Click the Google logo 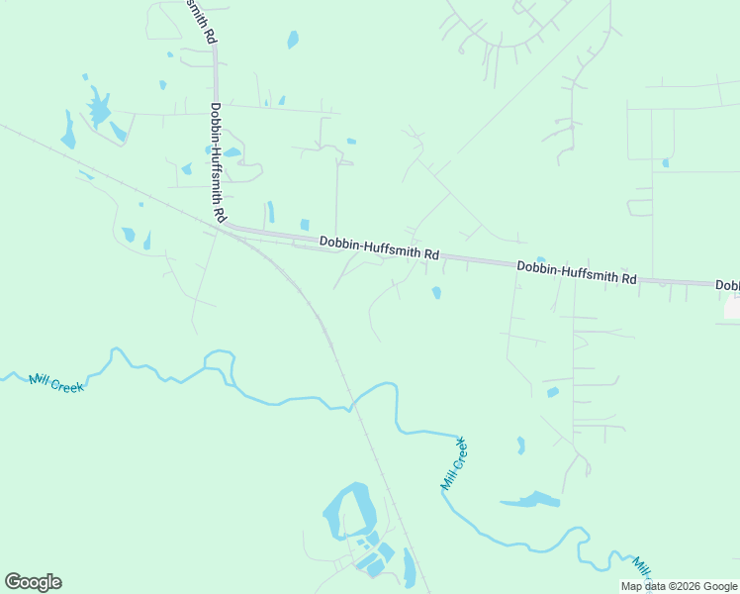[34, 582]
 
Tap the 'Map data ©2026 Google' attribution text [679, 586]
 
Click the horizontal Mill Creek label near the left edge [56, 382]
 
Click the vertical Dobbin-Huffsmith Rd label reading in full [217, 162]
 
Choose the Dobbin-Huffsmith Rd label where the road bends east [379, 247]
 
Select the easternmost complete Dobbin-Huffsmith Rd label [577, 273]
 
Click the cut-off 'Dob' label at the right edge [727, 286]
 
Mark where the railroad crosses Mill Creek [351, 403]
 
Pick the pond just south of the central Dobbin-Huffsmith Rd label [436, 292]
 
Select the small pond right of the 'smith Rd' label [293, 40]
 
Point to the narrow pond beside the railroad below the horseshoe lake [410, 568]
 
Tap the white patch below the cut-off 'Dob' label [732, 308]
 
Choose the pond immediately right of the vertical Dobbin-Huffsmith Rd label [232, 152]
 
